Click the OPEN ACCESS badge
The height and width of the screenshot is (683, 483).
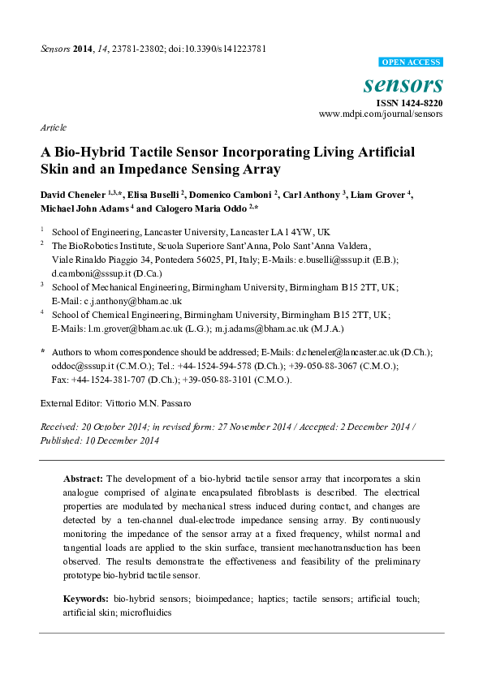pyautogui.click(x=411, y=62)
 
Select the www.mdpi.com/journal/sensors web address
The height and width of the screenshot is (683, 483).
pyautogui.click(x=381, y=114)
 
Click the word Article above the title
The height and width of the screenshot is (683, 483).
pyautogui.click(x=53, y=128)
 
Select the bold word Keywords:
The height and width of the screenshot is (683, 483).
pyautogui.click(x=87, y=598)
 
